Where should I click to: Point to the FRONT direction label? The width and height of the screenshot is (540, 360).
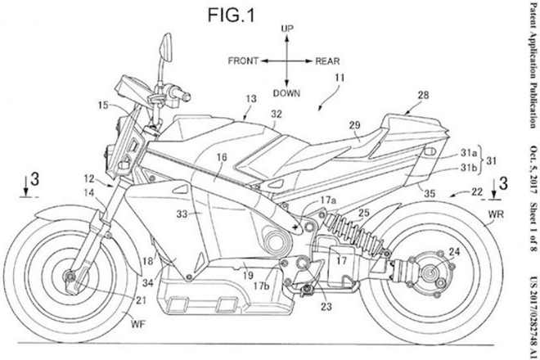point(245,61)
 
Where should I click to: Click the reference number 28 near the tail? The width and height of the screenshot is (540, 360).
point(423,97)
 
